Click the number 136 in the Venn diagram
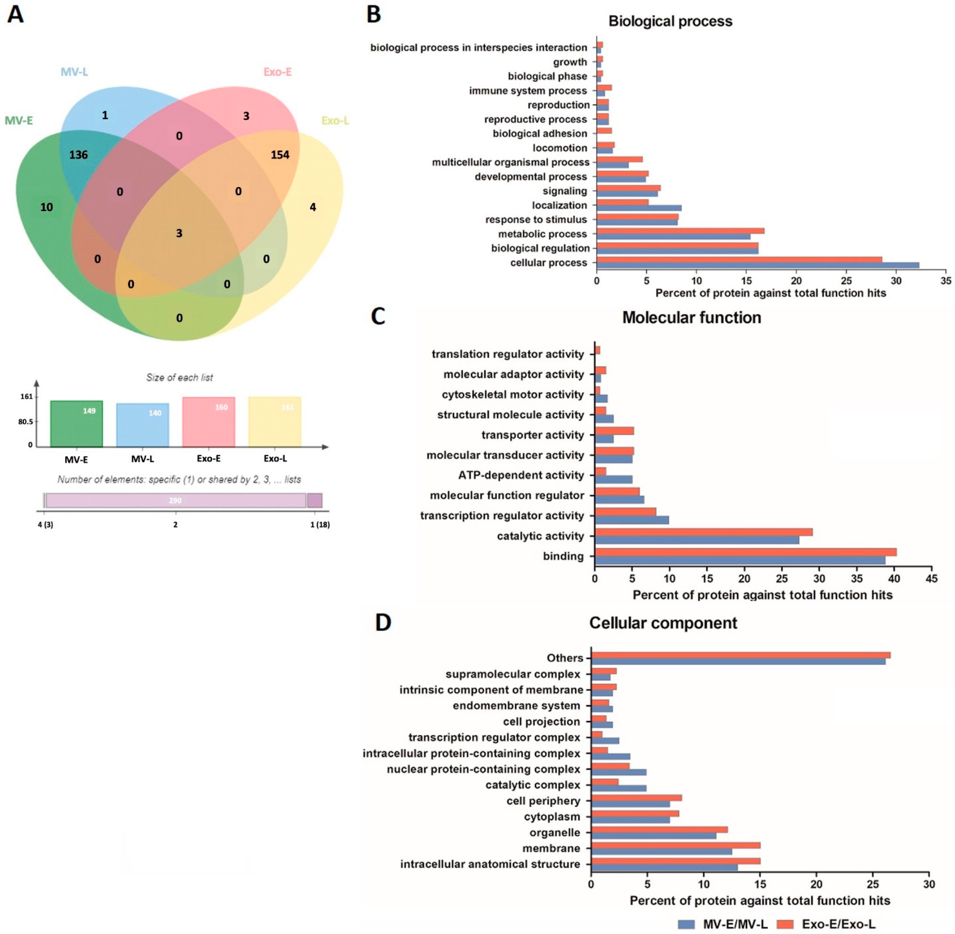pos(78,155)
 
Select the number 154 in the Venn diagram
pos(280,155)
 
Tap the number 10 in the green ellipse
pos(47,207)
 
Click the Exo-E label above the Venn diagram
pos(277,72)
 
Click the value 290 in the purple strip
pos(175,500)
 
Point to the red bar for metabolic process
pos(680,231)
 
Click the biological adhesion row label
pos(540,133)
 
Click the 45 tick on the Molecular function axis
pos(931,579)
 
